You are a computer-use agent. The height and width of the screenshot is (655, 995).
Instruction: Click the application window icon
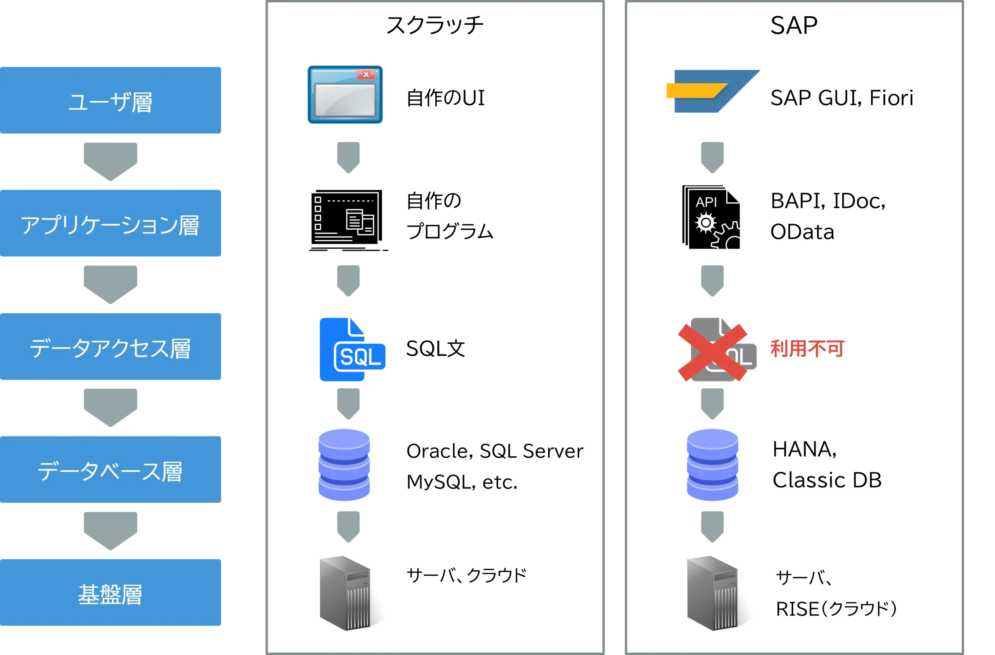[345, 94]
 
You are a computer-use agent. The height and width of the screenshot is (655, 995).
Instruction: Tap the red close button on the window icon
[366, 75]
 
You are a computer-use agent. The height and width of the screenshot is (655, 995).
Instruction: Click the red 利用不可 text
[806, 349]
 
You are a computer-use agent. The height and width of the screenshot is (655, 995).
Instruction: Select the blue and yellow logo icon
[713, 91]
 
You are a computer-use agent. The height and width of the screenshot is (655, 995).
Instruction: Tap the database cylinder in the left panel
[344, 465]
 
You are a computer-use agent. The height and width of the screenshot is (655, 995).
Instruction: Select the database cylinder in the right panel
[712, 465]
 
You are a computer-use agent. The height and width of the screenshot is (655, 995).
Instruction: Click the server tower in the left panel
[344, 593]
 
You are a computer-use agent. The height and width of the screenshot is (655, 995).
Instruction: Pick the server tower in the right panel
[713, 593]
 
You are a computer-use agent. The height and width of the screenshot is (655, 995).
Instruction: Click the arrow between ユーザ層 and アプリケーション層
[110, 161]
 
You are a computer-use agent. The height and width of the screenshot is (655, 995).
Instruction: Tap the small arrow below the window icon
[348, 157]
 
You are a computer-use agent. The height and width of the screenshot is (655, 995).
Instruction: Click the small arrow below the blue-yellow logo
[712, 157]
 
